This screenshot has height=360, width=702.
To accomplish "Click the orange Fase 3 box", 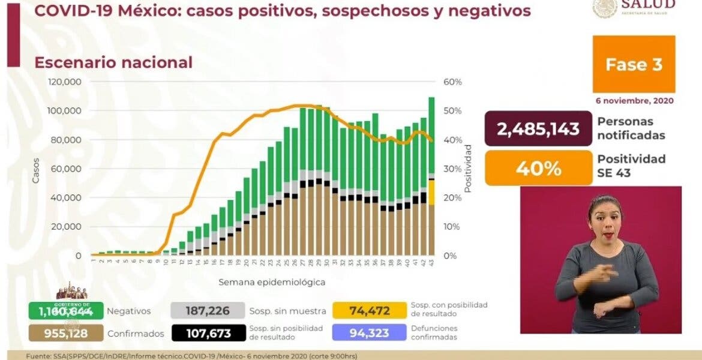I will [x=634, y=64].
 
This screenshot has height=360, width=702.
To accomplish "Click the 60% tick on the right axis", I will [x=454, y=82].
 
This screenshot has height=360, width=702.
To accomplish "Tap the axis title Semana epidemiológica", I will [x=272, y=281].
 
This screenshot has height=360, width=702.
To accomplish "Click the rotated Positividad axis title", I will [x=469, y=168].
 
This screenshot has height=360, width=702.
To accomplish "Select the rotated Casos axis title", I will [x=35, y=169].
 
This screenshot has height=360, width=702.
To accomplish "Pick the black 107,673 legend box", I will [x=209, y=332].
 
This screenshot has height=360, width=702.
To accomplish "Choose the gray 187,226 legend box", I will [x=209, y=310].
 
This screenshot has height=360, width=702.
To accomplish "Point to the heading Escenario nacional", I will [x=113, y=62].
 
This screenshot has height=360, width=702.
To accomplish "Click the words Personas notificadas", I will [x=631, y=128].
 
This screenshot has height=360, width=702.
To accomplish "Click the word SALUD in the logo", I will [x=656, y=5].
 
